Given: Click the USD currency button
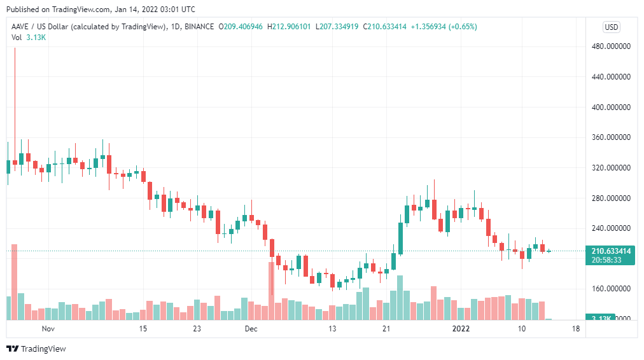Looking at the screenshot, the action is (611, 27).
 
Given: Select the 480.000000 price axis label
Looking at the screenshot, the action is (611, 46).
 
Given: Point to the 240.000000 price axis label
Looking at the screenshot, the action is (611, 228).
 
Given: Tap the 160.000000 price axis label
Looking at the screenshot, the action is (611, 289).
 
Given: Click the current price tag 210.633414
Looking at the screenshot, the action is (611, 251).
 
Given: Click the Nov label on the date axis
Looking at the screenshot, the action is (48, 328).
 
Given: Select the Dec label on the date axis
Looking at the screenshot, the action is (251, 328).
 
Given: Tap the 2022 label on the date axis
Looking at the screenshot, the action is (461, 328).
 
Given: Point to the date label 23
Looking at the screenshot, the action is (197, 328).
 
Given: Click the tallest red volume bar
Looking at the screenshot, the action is (15, 282).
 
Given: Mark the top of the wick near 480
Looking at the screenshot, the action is (15, 48).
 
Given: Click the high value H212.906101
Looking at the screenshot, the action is (289, 27).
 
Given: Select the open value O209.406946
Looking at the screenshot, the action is (241, 27).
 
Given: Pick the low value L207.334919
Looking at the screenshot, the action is (337, 27).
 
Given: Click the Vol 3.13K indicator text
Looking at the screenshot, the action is (29, 38).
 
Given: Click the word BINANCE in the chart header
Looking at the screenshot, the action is (199, 27).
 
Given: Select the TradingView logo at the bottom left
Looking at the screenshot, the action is (36, 349).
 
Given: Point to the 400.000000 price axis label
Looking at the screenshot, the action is (611, 107).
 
